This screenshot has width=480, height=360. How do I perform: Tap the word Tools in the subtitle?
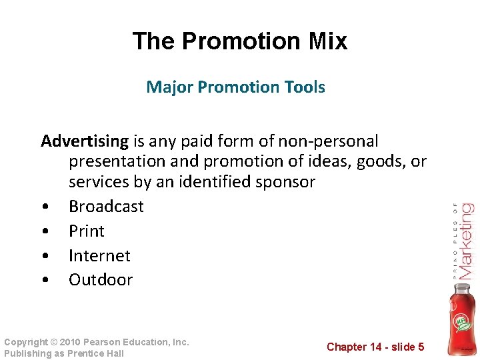point(303,87)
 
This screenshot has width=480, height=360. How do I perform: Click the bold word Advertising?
point(85,141)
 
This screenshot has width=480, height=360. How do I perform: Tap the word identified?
point(203,181)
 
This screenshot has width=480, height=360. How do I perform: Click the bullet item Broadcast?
point(106,206)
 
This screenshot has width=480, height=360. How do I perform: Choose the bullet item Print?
point(87,231)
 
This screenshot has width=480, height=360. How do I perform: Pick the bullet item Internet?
point(99,255)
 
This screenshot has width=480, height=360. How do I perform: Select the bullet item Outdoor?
point(101,280)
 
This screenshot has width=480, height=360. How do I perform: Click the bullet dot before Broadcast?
point(44,207)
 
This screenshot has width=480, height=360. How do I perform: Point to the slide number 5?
point(421,347)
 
